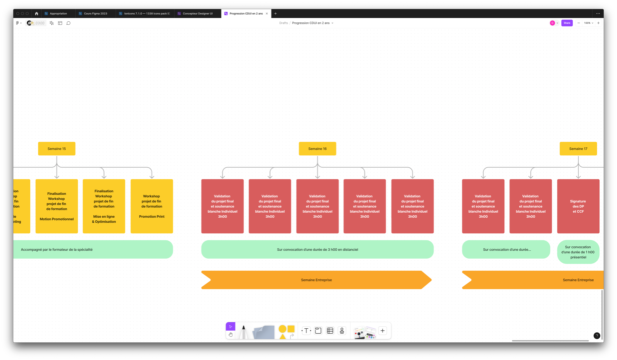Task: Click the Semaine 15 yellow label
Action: (57, 149)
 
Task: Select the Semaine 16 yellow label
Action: (317, 149)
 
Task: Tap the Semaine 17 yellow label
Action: (578, 149)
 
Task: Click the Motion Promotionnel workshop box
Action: (57, 206)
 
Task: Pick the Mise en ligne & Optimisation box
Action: (104, 206)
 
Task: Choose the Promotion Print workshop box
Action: (152, 206)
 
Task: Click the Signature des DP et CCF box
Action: (578, 206)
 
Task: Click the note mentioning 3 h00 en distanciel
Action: (317, 249)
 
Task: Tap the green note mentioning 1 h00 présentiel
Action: (578, 252)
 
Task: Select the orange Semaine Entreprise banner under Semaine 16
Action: (316, 280)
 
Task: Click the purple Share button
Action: (567, 23)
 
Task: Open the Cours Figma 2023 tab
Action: (95, 14)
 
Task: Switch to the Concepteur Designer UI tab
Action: (197, 14)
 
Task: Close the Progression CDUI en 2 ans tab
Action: (267, 14)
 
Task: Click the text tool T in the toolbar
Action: (306, 331)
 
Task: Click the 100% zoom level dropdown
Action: (588, 23)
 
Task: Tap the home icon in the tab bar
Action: (37, 14)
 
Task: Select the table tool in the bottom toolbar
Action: (330, 331)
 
